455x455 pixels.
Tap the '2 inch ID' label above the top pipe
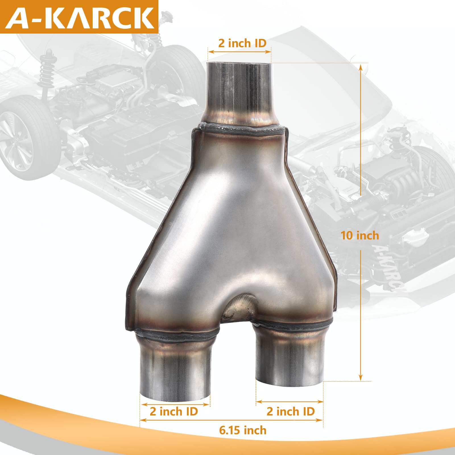242,43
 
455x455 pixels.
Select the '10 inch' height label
360,235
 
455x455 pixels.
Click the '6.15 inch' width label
243,430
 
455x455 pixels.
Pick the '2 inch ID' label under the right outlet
290,411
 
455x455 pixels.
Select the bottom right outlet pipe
290,358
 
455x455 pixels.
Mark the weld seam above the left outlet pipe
176,336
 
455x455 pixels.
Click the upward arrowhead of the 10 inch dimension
361,67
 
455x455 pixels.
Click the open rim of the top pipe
238,63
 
